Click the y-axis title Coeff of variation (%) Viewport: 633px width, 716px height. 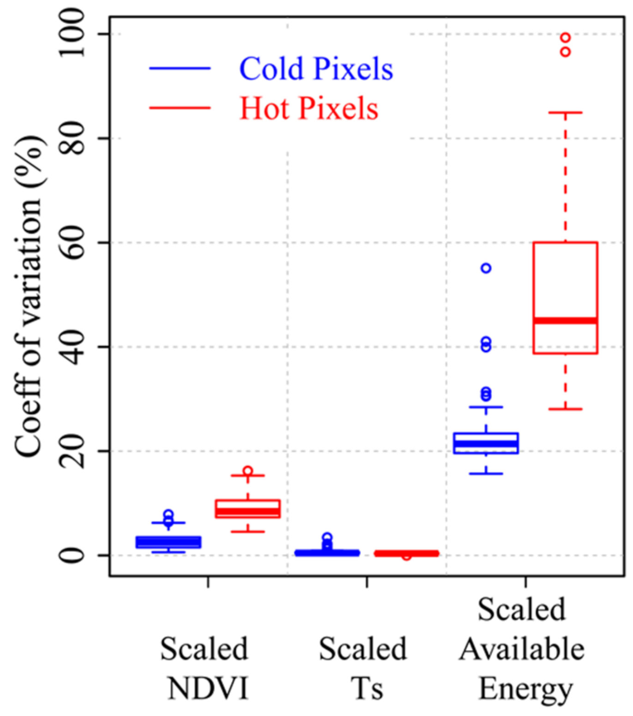[x=29, y=295]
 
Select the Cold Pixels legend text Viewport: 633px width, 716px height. [x=316, y=69]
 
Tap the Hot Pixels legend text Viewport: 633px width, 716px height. [x=308, y=108]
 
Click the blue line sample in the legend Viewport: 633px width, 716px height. [x=180, y=68]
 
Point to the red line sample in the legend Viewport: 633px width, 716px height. [x=180, y=108]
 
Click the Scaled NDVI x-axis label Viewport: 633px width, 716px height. [x=205, y=668]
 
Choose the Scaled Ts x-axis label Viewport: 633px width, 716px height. [x=363, y=668]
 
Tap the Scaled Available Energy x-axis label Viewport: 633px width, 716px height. [x=522, y=649]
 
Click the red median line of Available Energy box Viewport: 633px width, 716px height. [x=565, y=320]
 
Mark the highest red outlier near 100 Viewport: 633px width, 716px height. [x=565, y=37]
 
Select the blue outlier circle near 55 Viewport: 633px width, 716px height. [x=486, y=268]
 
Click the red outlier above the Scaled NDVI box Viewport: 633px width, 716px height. [x=248, y=471]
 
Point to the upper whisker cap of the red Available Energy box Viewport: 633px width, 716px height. [x=565, y=112]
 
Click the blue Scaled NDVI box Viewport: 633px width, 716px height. [x=169, y=542]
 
